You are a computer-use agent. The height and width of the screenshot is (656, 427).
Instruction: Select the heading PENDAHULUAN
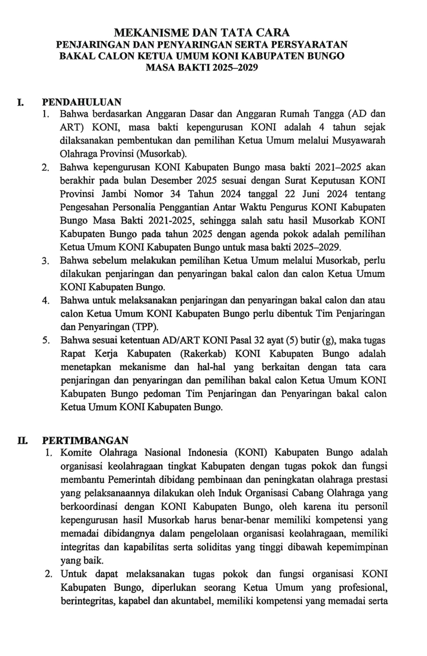coord(81,101)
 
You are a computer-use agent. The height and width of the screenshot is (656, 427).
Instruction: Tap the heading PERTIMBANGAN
coord(85,440)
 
